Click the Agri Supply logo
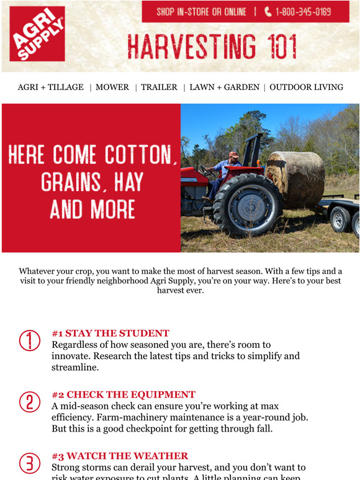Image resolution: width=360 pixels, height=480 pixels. pyautogui.click(x=37, y=33)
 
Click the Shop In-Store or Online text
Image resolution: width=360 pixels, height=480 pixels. pyautogui.click(x=200, y=12)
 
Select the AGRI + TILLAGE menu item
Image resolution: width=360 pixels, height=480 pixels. pyautogui.click(x=50, y=87)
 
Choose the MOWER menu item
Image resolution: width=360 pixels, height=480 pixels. pyautogui.click(x=112, y=87)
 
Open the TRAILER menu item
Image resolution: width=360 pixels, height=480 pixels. pyautogui.click(x=159, y=87)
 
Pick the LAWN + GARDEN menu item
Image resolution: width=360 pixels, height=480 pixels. pyautogui.click(x=224, y=87)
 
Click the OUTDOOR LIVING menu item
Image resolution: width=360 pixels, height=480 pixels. pyautogui.click(x=306, y=87)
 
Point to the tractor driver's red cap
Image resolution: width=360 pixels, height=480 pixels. pyautogui.click(x=233, y=154)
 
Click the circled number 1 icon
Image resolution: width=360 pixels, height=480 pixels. pyautogui.click(x=29, y=340)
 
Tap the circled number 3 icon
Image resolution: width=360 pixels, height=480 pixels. pyautogui.click(x=29, y=463)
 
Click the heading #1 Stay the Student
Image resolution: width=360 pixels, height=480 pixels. pyautogui.click(x=110, y=333)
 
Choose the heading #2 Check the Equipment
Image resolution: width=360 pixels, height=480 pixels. pyautogui.click(x=123, y=394)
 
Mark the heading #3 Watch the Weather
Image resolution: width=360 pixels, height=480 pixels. pyautogui.click(x=120, y=456)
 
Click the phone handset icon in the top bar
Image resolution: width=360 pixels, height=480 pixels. pyautogui.click(x=268, y=12)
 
